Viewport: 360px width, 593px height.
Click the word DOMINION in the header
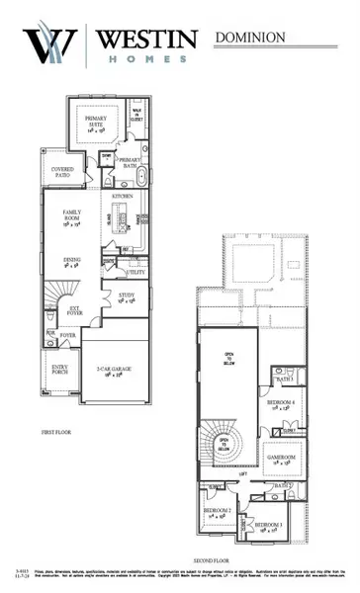[x=249, y=37]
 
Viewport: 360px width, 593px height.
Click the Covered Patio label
[x=62, y=174]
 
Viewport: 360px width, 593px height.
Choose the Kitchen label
[x=123, y=197]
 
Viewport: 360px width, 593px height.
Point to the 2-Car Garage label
[x=116, y=371]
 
